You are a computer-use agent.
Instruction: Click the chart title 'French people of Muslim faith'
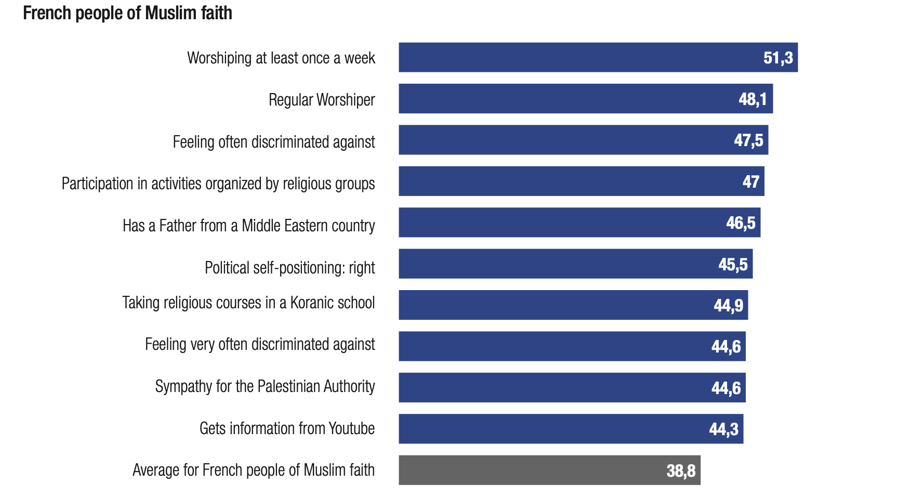point(127,13)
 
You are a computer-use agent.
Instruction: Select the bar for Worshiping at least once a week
point(598,57)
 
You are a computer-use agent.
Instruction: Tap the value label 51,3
point(778,57)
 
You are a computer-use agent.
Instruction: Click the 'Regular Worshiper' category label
point(322,99)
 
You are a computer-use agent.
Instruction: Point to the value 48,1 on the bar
point(752,99)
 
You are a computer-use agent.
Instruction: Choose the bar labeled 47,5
point(583,140)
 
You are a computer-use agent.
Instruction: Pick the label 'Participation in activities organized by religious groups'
point(218,184)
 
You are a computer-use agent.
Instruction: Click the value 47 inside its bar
point(751,181)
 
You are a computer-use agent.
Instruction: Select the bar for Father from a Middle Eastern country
point(579,223)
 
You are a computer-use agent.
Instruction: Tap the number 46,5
point(741,223)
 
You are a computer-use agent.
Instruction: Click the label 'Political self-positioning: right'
point(289,268)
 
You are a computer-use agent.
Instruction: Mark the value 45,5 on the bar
point(733,264)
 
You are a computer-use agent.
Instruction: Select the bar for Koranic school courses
point(573,305)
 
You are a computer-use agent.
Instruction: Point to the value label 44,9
point(728,305)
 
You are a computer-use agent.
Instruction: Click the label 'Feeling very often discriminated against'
point(260,344)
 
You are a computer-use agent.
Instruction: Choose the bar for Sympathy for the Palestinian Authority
point(572,387)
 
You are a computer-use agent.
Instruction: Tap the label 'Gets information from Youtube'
point(287,428)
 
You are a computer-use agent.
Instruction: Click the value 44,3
point(723,429)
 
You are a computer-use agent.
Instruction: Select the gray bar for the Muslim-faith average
point(549,470)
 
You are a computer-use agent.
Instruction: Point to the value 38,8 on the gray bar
point(681,471)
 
